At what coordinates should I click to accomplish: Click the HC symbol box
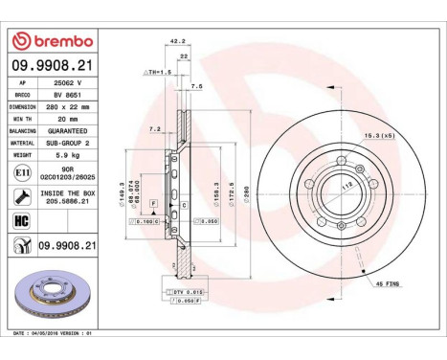coord(22,221)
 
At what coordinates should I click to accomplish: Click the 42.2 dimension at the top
coord(176,41)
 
